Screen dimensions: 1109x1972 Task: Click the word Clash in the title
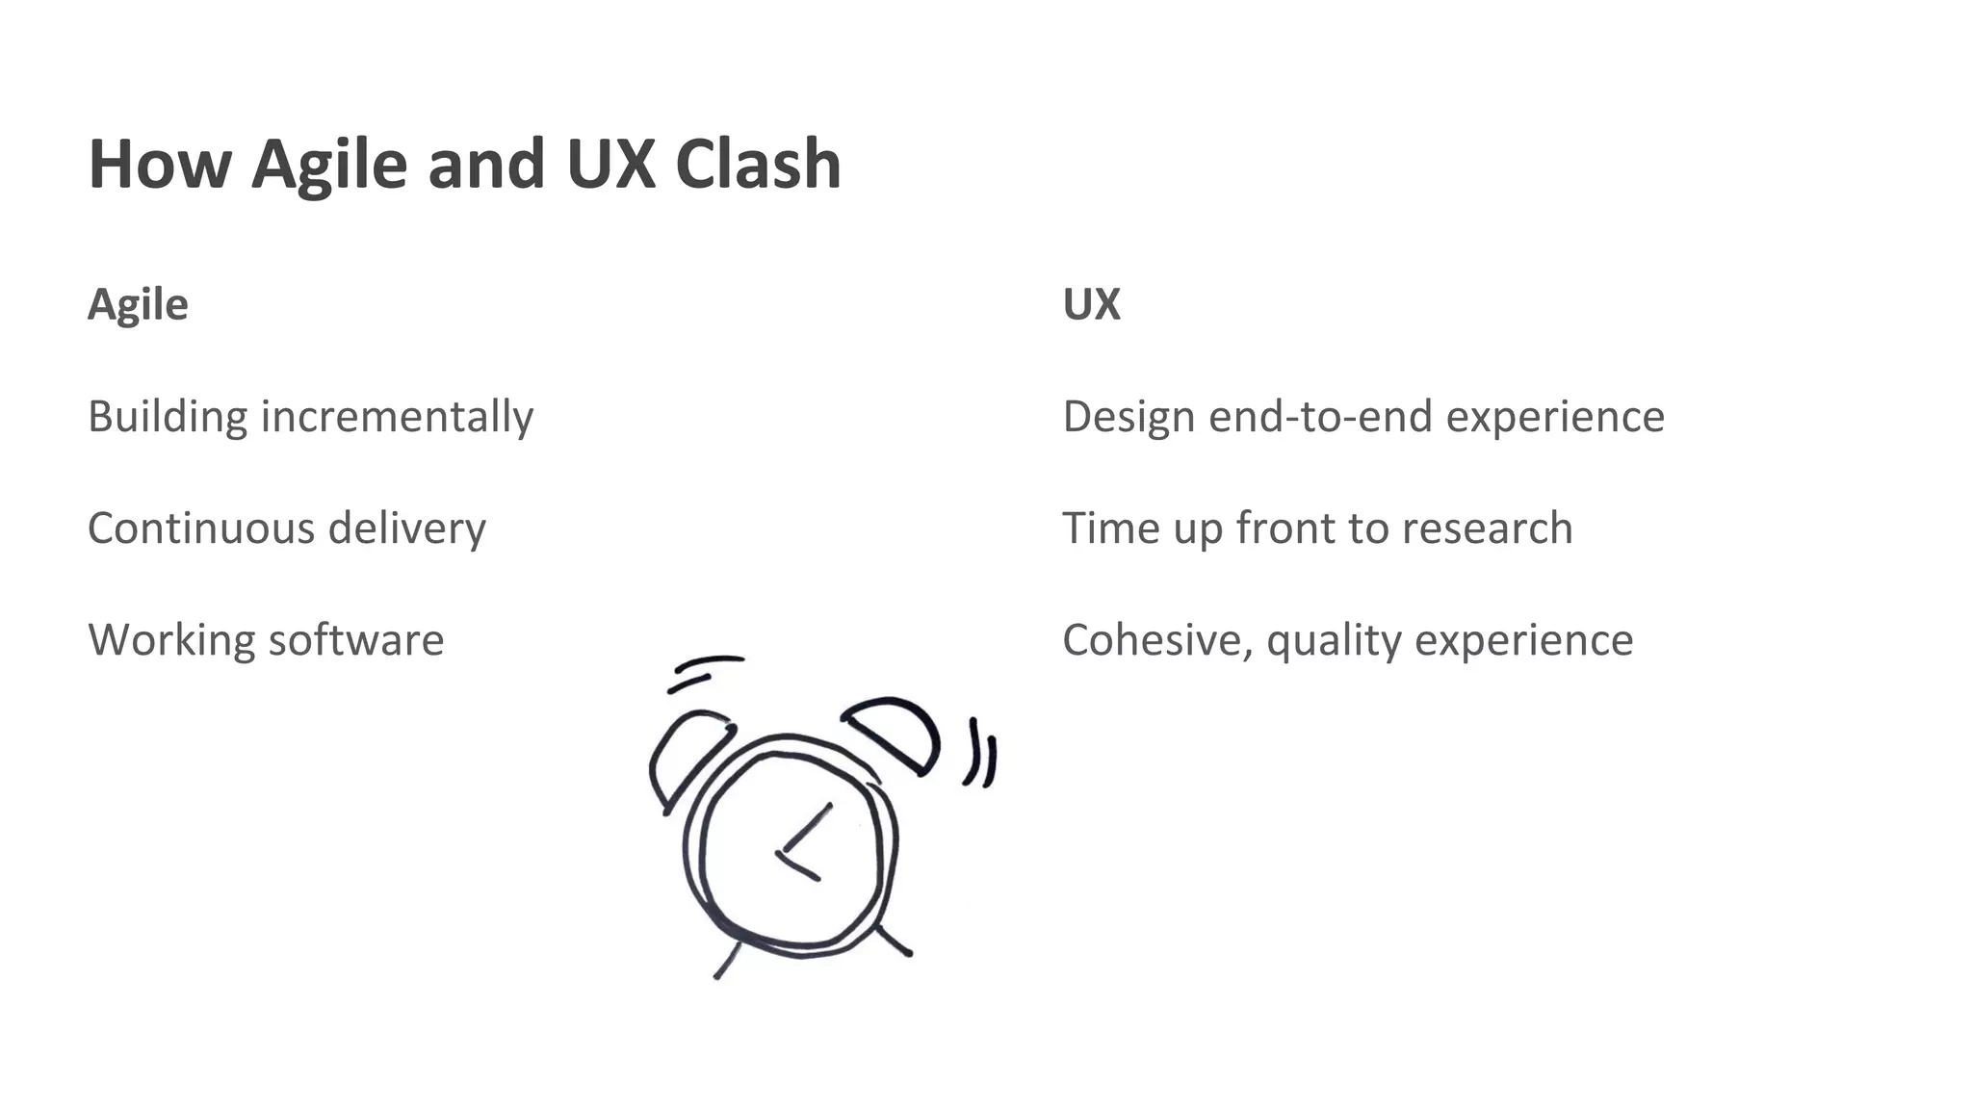point(758,164)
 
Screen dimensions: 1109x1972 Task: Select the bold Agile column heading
point(138,305)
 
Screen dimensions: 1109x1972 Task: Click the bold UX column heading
point(1091,304)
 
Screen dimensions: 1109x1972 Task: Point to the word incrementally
point(397,417)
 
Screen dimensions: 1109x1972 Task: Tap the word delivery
point(406,529)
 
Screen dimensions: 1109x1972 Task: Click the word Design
point(1129,417)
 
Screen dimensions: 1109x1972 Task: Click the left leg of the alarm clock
point(727,961)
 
